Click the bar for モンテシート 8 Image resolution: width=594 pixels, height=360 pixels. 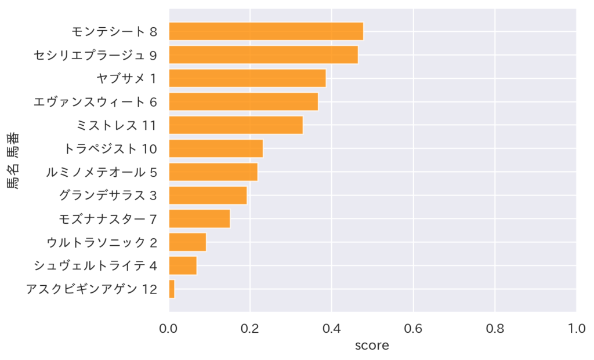[x=266, y=31]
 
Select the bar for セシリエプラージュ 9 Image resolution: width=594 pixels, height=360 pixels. [x=263, y=55]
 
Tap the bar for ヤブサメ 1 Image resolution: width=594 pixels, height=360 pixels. [x=247, y=78]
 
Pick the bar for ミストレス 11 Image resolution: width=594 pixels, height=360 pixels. [x=236, y=125]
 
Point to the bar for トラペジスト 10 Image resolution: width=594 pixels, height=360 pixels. [x=216, y=148]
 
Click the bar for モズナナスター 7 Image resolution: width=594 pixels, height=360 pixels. [x=199, y=219]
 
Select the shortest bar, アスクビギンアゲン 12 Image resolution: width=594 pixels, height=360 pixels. [x=172, y=289]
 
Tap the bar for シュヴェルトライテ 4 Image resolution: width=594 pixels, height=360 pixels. [x=183, y=266]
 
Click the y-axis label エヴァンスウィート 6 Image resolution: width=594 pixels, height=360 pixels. [x=95, y=102]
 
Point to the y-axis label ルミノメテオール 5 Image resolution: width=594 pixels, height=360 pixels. [x=102, y=172]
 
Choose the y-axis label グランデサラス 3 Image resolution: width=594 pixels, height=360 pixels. [x=108, y=195]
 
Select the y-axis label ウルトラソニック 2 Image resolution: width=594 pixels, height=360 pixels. [x=102, y=242]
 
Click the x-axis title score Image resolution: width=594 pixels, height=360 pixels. [x=372, y=346]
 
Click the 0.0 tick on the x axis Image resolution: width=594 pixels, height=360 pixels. [x=169, y=328]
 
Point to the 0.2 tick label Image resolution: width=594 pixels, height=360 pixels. [x=250, y=328]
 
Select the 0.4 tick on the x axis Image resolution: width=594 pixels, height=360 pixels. [x=332, y=328]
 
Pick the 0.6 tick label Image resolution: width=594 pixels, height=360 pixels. [x=413, y=328]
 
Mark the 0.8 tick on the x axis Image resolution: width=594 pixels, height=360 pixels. [x=495, y=328]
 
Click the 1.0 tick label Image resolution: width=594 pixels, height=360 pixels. [x=576, y=328]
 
